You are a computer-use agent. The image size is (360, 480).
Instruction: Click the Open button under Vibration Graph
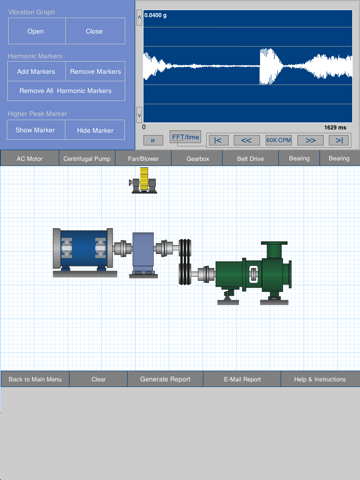pyautogui.click(x=37, y=31)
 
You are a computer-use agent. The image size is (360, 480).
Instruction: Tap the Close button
pyautogui.click(x=95, y=31)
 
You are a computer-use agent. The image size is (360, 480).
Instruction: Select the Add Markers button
pyautogui.click(x=36, y=71)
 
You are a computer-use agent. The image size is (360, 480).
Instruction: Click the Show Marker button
pyautogui.click(x=36, y=130)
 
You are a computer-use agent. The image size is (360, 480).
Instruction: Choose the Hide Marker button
pyautogui.click(x=95, y=130)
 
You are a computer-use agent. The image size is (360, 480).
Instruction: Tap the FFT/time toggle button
pyautogui.click(x=185, y=137)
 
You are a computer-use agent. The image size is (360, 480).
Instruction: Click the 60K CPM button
pyautogui.click(x=279, y=140)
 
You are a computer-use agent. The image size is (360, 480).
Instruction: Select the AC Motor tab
pyautogui.click(x=30, y=158)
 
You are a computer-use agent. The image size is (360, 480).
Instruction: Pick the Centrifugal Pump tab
pyautogui.click(x=87, y=158)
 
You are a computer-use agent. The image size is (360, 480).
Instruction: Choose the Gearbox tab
pyautogui.click(x=198, y=158)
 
